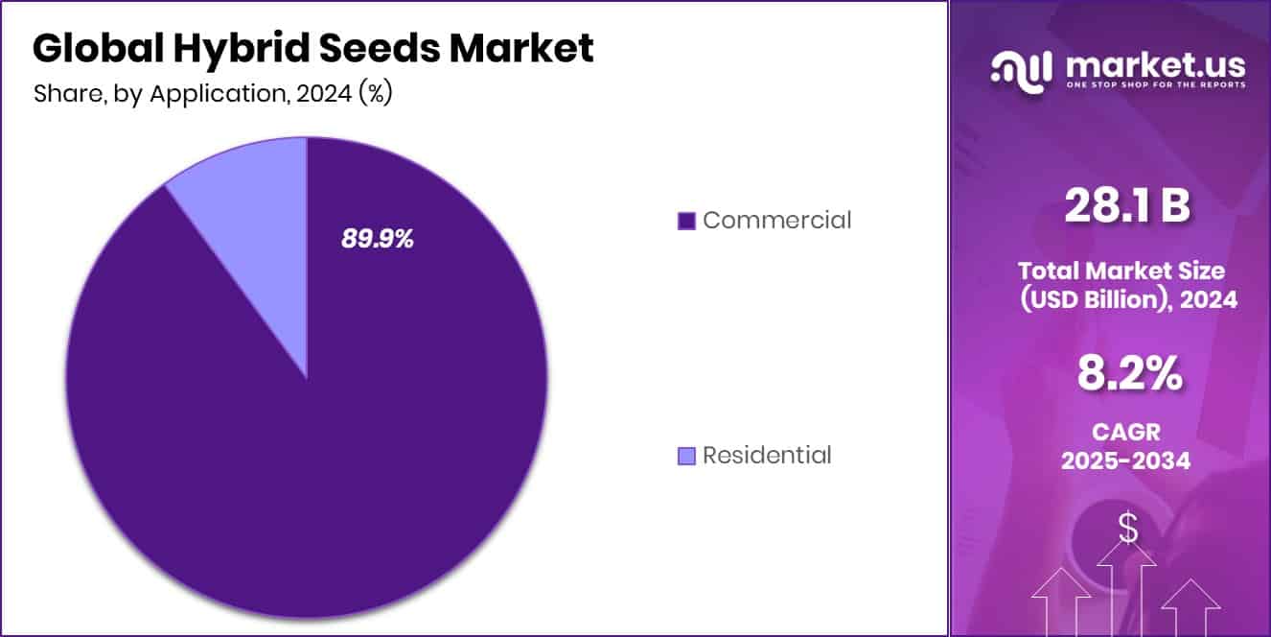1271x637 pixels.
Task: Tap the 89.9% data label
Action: pos(378,239)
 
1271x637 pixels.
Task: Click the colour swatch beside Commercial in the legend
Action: pos(685,221)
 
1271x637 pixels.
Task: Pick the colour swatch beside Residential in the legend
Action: pos(685,456)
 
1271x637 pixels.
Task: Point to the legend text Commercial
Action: pos(776,220)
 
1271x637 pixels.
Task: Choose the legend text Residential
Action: pos(767,455)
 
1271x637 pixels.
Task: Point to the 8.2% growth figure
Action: pos(1128,374)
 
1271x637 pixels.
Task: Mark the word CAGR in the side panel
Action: pos(1126,434)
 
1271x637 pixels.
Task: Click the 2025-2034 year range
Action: pos(1126,460)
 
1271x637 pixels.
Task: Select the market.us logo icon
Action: pos(1022,68)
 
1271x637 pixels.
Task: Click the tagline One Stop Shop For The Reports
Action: pos(1155,85)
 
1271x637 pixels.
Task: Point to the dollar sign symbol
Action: pos(1128,528)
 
